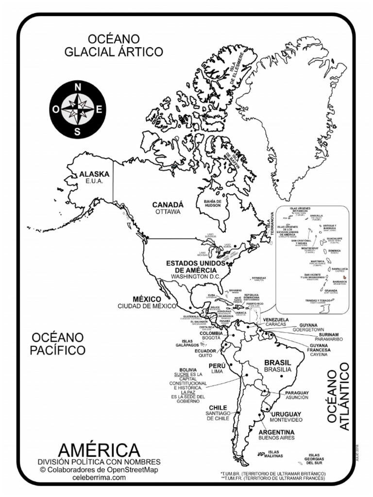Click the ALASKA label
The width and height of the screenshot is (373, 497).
pyautogui.click(x=95, y=174)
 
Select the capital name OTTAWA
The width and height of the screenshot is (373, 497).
pyautogui.click(x=168, y=212)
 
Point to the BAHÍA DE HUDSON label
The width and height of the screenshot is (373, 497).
pyautogui.click(x=212, y=203)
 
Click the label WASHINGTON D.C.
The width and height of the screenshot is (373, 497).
pyautogui.click(x=196, y=276)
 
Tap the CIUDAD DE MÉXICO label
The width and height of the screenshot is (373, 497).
pyautogui.click(x=146, y=306)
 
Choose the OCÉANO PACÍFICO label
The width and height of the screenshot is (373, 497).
pyautogui.click(x=58, y=343)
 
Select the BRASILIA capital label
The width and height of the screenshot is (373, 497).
pyautogui.click(x=278, y=369)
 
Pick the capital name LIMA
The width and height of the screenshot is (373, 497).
pyautogui.click(x=217, y=371)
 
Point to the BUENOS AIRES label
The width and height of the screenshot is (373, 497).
pyautogui.click(x=276, y=438)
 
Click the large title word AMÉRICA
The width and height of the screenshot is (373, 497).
pyautogui.click(x=99, y=450)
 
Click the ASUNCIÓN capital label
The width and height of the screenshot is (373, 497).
pyautogui.click(x=296, y=397)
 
